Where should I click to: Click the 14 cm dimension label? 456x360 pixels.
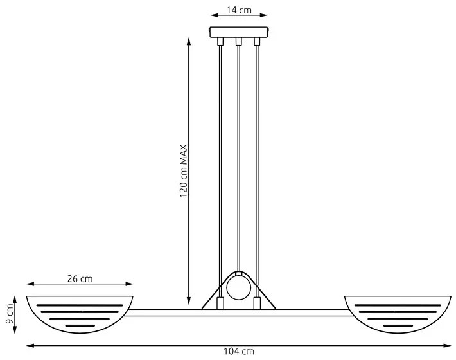pyautogui.click(x=239, y=10)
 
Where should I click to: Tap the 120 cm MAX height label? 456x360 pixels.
pyautogui.click(x=184, y=171)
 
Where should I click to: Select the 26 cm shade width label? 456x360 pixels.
pyautogui.click(x=80, y=279)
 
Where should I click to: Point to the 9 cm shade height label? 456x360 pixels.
pyautogui.click(x=9, y=314)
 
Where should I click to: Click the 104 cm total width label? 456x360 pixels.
pyautogui.click(x=239, y=352)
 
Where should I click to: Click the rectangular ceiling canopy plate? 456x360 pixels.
pyautogui.click(x=239, y=32)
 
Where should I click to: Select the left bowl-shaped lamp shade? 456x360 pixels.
pyautogui.click(x=80, y=314)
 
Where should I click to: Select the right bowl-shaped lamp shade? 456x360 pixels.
pyautogui.click(x=398, y=314)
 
